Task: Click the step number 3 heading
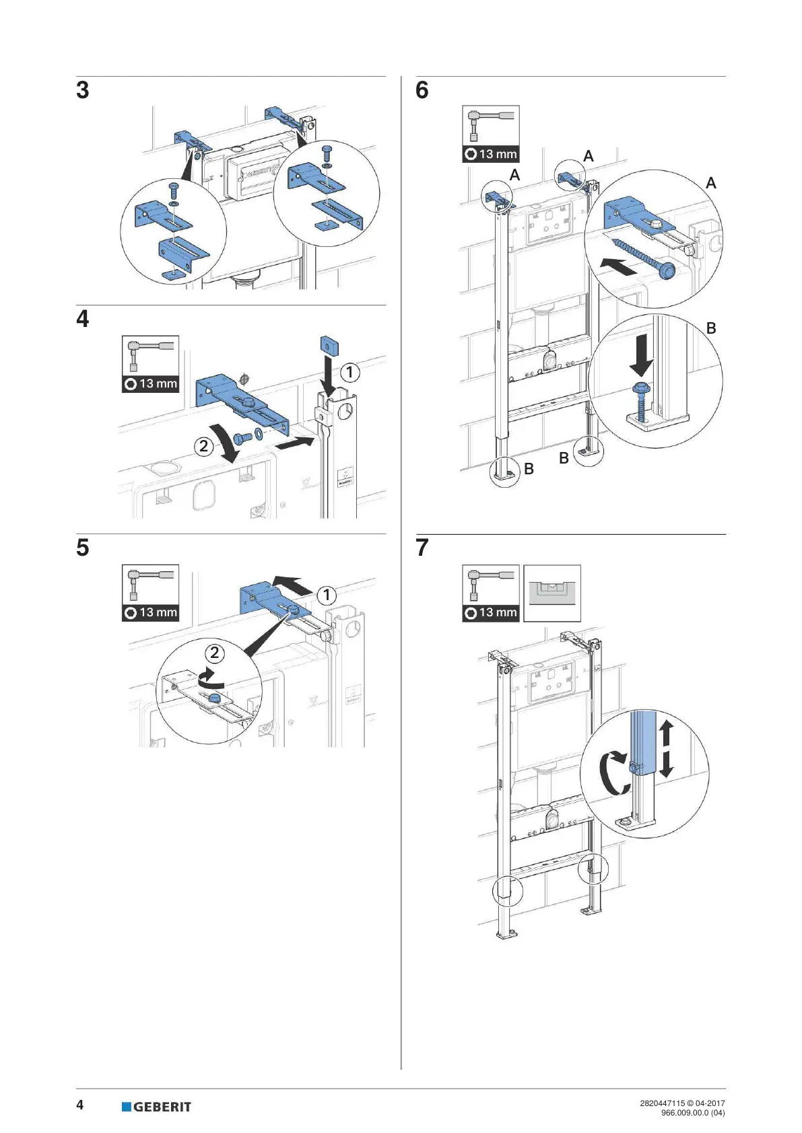(x=82, y=90)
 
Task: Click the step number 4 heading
(x=82, y=318)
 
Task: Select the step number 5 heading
(x=82, y=547)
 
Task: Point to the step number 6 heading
(x=422, y=90)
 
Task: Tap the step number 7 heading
(x=422, y=547)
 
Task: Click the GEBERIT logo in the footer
(x=156, y=1107)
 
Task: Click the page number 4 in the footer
(x=80, y=1105)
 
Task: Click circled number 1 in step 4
(x=349, y=372)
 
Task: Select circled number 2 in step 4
(x=204, y=445)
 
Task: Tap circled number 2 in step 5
(x=215, y=653)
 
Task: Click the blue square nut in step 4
(x=329, y=346)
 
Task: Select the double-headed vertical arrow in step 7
(x=666, y=748)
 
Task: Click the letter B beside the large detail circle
(x=711, y=328)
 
